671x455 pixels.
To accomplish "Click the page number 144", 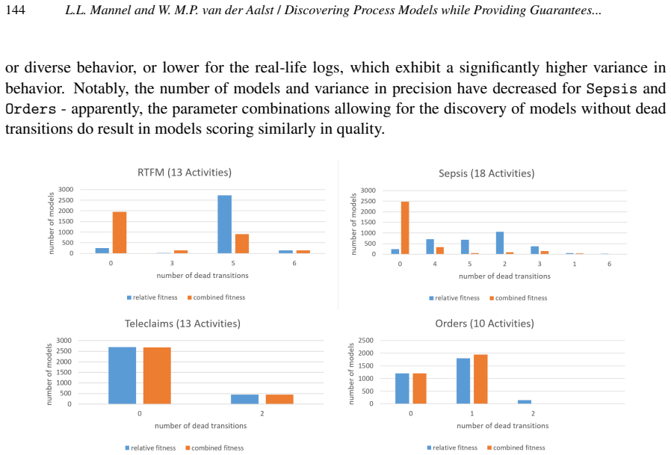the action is [16, 10].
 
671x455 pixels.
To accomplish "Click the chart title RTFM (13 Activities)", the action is [185, 173].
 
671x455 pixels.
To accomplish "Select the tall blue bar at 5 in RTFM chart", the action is [225, 224].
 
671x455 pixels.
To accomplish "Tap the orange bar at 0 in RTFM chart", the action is [120, 232].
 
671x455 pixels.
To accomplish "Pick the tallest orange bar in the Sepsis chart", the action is [405, 228].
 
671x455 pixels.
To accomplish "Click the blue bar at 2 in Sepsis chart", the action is [500, 243].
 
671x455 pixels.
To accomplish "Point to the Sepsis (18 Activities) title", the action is [486, 173].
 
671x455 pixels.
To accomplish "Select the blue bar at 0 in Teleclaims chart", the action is [123, 375].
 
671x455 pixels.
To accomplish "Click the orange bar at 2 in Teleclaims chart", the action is [279, 399].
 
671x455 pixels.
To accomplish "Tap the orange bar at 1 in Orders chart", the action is [480, 380].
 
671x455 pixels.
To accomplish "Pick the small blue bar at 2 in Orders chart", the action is [525, 402].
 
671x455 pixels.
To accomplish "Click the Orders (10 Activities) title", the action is [484, 324].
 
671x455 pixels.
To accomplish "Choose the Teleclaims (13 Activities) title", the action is [183, 324].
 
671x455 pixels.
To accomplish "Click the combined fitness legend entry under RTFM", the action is [216, 297].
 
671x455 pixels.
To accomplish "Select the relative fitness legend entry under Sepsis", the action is [454, 298].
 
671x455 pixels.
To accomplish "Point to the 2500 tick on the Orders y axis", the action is [366, 341].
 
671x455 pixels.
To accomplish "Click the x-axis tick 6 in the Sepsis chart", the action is [610, 264].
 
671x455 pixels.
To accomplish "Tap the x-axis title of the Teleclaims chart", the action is [201, 426].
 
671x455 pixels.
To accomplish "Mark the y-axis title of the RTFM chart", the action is [52, 223].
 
